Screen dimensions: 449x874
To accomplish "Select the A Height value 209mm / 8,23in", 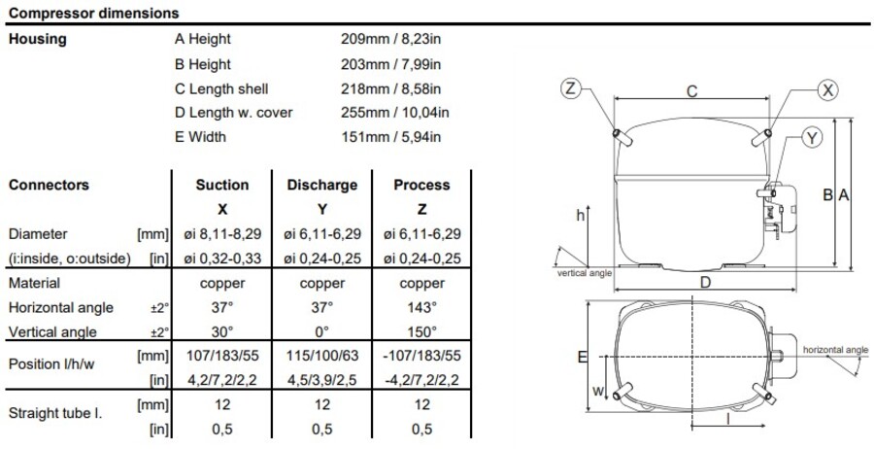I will (x=387, y=40).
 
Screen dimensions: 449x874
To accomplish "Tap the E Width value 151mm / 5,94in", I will (x=387, y=137).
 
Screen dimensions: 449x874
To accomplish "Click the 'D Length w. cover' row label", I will (x=233, y=113).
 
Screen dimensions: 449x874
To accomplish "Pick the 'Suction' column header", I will (x=222, y=185).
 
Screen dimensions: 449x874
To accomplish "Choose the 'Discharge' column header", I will (x=322, y=185).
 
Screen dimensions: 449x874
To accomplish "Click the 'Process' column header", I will (x=421, y=185).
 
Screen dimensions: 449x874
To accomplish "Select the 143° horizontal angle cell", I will (x=421, y=307).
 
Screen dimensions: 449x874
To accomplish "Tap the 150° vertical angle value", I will (x=421, y=331).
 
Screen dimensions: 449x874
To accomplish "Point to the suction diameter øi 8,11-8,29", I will (x=222, y=234).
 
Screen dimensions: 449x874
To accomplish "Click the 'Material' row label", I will (x=34, y=283).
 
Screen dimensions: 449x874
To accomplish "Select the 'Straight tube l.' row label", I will (x=54, y=413).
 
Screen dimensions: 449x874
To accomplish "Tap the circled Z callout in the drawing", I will (x=571, y=89).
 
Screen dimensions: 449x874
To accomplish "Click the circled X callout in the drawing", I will (x=827, y=89).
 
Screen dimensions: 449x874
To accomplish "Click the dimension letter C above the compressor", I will (x=691, y=91).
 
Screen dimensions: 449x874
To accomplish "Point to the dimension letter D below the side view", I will (x=706, y=282).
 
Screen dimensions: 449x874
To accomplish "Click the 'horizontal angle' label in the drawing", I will (x=836, y=348).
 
